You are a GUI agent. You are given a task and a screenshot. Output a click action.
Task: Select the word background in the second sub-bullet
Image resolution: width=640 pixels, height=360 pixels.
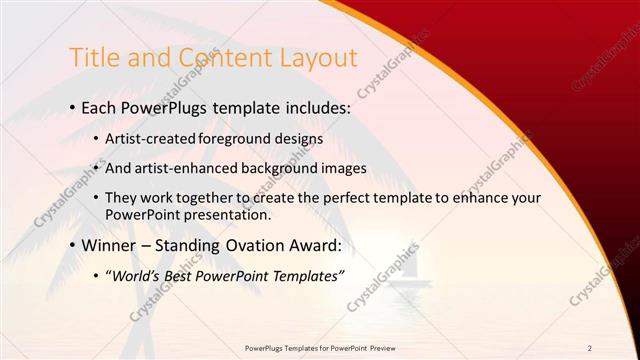coord(283,168)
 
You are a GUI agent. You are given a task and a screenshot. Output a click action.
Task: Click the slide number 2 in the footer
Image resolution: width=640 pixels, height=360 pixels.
coord(590,348)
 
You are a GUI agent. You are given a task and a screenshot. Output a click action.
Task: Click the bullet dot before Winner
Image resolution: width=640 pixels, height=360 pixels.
coord(75,244)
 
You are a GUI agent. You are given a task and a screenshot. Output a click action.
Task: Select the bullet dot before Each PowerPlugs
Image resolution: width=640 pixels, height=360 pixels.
coord(75,106)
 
